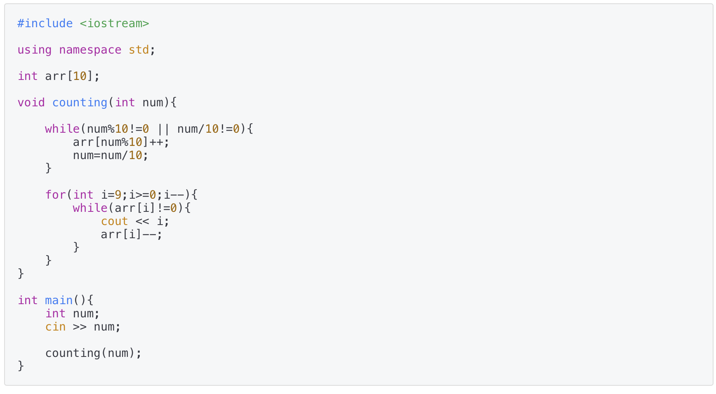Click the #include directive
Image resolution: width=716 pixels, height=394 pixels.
45,23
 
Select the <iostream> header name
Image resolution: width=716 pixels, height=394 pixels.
114,23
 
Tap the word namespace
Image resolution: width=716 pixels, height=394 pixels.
90,50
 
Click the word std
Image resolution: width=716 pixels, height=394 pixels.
139,50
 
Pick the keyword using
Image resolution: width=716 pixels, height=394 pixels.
35,50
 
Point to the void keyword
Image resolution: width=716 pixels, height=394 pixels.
31,103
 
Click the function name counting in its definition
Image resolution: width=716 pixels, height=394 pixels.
80,103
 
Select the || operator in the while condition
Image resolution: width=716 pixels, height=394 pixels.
163,129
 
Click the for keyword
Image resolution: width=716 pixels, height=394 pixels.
55,195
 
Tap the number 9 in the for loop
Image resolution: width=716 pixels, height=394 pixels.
118,195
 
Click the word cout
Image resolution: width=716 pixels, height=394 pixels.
114,221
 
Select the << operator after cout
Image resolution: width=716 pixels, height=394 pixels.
142,221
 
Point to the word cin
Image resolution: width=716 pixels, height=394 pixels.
55,327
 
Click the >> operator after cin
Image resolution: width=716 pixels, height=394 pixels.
80,327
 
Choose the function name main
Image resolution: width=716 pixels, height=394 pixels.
59,300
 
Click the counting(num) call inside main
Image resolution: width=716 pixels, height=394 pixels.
93,353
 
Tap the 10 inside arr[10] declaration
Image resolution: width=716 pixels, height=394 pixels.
80,76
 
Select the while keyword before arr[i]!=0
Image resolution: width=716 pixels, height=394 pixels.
90,208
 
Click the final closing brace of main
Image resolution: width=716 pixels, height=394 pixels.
21,366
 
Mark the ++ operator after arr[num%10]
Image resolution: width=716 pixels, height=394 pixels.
156,142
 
